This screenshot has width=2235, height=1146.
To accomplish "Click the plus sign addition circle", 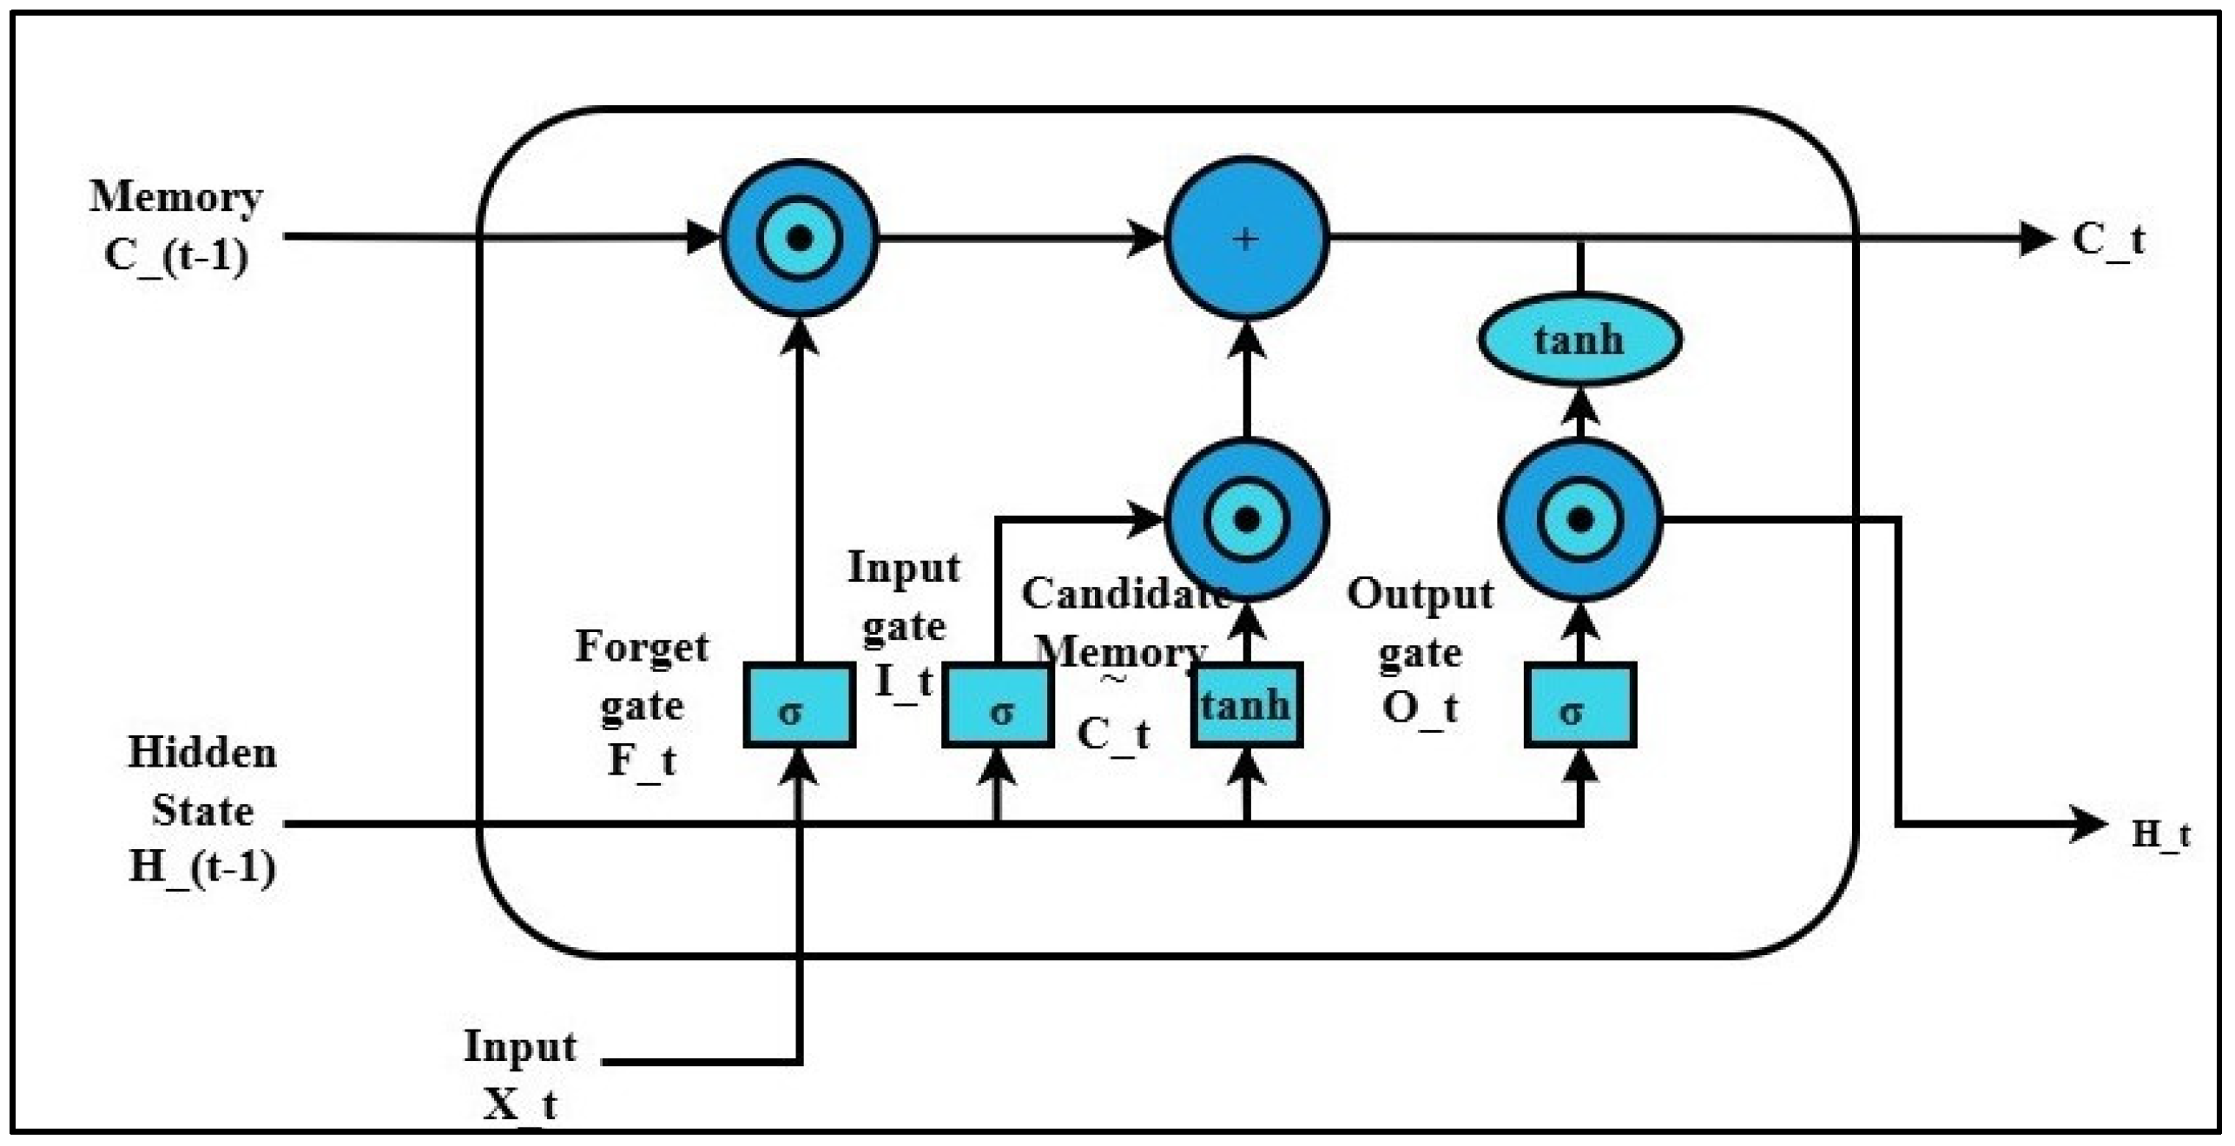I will pos(1246,238).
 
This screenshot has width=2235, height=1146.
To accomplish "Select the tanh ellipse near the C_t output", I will pos(1579,339).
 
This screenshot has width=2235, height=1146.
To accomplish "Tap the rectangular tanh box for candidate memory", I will pos(1246,705).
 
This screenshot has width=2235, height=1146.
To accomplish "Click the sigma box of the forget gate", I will pos(799,705).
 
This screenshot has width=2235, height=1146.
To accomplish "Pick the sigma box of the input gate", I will pos(998,705).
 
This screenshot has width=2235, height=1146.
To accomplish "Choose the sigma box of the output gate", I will pos(1579,705).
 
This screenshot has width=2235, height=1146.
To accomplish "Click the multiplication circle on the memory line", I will pos(799,238).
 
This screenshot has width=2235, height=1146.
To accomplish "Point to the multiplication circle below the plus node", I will pos(1246,519).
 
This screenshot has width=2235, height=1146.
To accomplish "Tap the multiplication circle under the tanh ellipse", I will pos(1579,519).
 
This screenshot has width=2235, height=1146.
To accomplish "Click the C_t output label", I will pos(2107,240).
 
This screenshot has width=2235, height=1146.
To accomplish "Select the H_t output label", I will pos(2160,834).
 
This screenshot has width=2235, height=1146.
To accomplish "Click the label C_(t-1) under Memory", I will pos(175,256).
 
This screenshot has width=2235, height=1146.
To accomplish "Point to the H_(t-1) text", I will pos(202,866).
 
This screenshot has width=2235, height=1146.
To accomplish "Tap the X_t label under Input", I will pos(519,1105).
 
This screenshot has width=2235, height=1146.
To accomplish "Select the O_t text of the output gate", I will pos(1420,708).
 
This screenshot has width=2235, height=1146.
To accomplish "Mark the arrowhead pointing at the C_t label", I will pos(2037,238).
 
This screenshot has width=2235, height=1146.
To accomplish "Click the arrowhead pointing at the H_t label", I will pos(2088,824).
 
